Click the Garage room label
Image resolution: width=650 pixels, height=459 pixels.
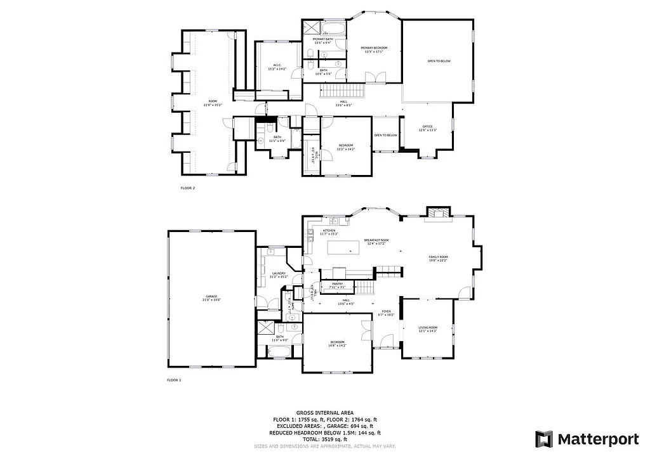pos(211,298)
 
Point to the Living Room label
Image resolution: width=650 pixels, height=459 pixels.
pos(427,329)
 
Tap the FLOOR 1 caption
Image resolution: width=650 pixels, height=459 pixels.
pos(174,380)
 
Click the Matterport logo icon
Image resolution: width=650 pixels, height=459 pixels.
pos(544,439)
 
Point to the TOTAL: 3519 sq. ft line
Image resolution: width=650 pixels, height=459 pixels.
pos(324,439)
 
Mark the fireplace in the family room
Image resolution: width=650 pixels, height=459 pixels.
pos(437,213)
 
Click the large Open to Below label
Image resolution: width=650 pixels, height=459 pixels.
pos(439,61)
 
